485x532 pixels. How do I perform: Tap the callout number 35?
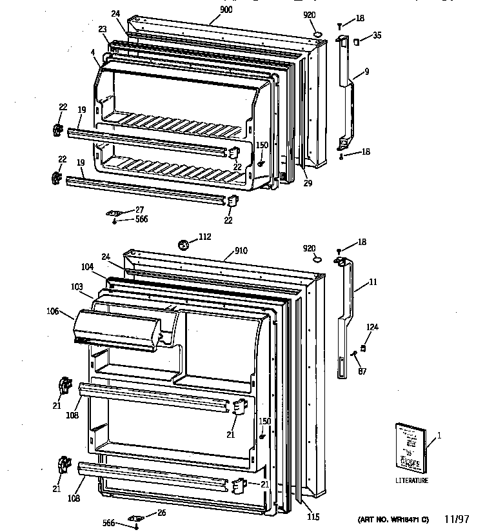click(377, 35)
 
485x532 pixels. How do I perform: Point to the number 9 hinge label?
click(366, 72)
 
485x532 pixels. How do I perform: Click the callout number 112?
click(204, 237)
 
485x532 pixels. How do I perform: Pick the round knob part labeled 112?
click(184, 244)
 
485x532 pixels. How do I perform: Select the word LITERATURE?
click(412, 480)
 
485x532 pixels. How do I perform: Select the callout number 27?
click(140, 210)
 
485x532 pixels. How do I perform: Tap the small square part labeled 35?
click(355, 42)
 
